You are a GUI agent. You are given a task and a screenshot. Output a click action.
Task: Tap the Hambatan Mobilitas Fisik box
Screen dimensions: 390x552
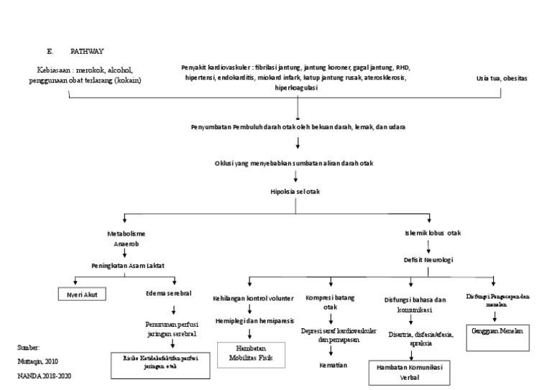pos(249,355)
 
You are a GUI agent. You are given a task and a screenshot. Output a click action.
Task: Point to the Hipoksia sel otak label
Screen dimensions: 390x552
pos(298,191)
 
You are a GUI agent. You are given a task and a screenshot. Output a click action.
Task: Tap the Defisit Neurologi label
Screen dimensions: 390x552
pos(431,259)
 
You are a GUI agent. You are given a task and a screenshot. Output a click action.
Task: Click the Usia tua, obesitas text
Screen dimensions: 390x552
pos(501,78)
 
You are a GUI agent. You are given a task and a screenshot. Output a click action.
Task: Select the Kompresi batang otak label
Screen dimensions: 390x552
pos(330,302)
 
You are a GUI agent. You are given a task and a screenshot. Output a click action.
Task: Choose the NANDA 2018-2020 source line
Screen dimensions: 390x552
pos(44,376)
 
